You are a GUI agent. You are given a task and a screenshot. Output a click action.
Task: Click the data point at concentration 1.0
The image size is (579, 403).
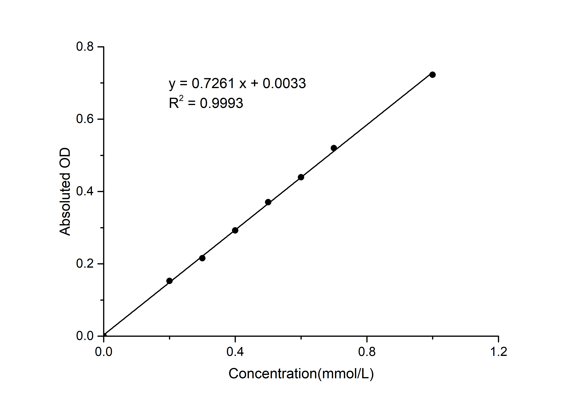(433, 75)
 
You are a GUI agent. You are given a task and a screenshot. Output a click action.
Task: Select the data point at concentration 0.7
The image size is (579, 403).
(334, 148)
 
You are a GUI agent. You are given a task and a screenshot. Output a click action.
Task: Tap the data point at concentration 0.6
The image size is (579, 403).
(301, 177)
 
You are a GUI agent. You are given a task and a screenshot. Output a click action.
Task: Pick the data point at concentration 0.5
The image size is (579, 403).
(268, 202)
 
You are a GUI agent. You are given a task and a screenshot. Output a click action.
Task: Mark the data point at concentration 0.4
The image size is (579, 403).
(235, 230)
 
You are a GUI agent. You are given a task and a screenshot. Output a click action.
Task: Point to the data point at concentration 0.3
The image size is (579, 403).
(202, 258)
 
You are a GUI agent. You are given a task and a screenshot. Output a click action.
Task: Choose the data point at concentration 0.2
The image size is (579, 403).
(169, 281)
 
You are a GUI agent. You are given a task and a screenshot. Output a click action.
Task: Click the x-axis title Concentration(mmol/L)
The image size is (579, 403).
(301, 374)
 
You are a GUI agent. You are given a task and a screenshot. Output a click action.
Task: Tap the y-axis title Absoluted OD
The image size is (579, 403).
(65, 192)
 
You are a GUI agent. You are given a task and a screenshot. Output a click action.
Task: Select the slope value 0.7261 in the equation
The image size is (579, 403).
(213, 84)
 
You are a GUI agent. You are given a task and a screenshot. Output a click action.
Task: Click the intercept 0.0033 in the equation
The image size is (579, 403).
(284, 84)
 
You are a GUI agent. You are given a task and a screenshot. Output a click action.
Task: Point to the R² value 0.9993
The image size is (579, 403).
(221, 103)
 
